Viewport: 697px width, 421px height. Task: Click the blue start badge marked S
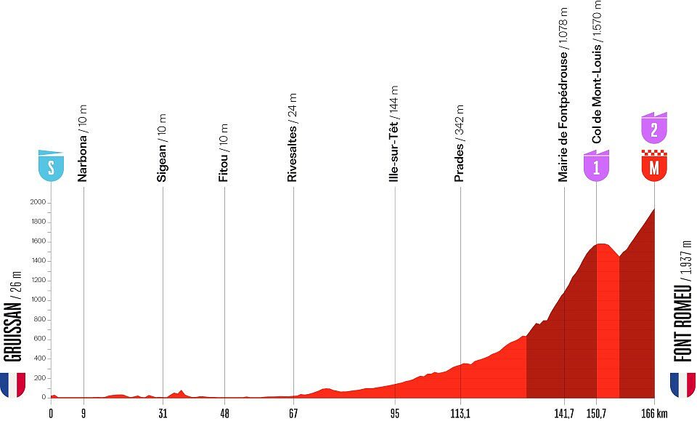51,167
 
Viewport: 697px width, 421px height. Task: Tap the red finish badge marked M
654,167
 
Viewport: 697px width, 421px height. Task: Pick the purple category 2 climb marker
654,129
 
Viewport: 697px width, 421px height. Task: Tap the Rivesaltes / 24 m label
293,137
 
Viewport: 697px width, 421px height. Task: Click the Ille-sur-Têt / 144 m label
394,138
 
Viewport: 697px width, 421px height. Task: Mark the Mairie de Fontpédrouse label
563,95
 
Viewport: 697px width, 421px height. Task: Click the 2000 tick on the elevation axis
38,202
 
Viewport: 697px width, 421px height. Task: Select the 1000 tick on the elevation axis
38,300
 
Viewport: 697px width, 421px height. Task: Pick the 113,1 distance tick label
461,412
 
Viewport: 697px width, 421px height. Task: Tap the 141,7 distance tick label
564,412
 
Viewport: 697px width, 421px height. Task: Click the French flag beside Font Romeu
682,385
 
